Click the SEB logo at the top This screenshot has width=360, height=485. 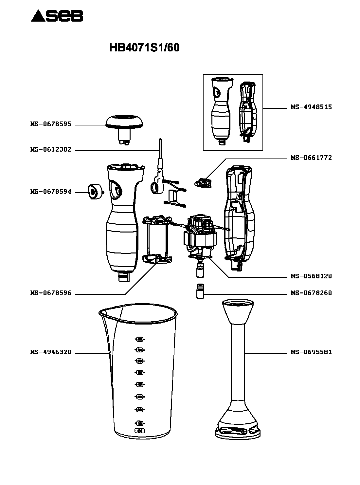[x=57, y=16]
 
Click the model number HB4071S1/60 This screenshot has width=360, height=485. [x=144, y=48]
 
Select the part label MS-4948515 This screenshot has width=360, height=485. [x=311, y=107]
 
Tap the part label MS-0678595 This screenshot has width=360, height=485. [x=51, y=124]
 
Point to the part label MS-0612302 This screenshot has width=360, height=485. [x=51, y=150]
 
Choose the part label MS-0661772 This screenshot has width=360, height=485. [x=311, y=158]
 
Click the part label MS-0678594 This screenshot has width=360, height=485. [x=51, y=192]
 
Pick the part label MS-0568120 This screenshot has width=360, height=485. [x=311, y=276]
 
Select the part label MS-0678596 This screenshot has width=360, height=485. [x=51, y=293]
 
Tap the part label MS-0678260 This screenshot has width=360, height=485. [x=311, y=293]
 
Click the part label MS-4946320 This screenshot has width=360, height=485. [x=51, y=353]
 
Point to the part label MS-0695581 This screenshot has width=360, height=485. [x=311, y=352]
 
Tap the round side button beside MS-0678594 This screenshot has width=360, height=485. [x=94, y=192]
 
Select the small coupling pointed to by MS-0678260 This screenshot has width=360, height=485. [x=200, y=291]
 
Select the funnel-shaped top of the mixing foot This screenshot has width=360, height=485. [x=238, y=311]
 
